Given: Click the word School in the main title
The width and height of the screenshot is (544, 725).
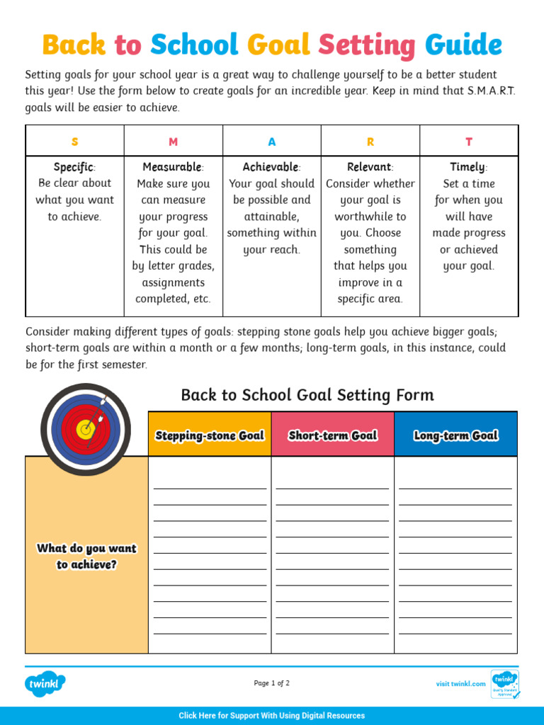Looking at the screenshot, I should point(194,45).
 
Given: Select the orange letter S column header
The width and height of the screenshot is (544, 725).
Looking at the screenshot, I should point(75,142).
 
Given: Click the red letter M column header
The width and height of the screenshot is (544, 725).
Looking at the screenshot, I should point(174,142).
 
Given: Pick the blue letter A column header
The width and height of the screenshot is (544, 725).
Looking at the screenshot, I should point(272,142).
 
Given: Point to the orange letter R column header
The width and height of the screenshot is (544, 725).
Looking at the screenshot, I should point(370,142).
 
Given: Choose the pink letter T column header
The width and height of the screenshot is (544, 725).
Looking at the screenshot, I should point(468,142).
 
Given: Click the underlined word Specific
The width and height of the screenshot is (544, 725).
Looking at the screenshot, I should point(74,167).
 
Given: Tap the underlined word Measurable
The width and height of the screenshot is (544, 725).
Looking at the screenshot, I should point(172,167).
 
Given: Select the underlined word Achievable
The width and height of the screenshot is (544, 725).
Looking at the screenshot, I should point(271,167).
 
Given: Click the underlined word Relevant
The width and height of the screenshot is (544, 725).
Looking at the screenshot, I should point(369,167).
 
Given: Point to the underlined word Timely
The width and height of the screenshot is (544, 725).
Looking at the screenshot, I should point(467,167).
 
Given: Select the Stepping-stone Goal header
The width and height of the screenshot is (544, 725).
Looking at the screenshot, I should point(210,435).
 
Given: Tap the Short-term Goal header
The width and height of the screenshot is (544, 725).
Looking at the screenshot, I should point(332,435).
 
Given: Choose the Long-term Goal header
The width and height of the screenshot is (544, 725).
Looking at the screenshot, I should point(455,435).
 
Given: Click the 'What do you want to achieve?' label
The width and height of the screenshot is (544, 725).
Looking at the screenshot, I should point(86,556).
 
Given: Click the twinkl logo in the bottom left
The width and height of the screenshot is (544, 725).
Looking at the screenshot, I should point(45,684).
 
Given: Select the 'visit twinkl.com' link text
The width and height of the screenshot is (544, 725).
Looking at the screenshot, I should point(460,684).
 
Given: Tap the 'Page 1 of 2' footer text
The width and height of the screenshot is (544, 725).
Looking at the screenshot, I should point(272,683).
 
